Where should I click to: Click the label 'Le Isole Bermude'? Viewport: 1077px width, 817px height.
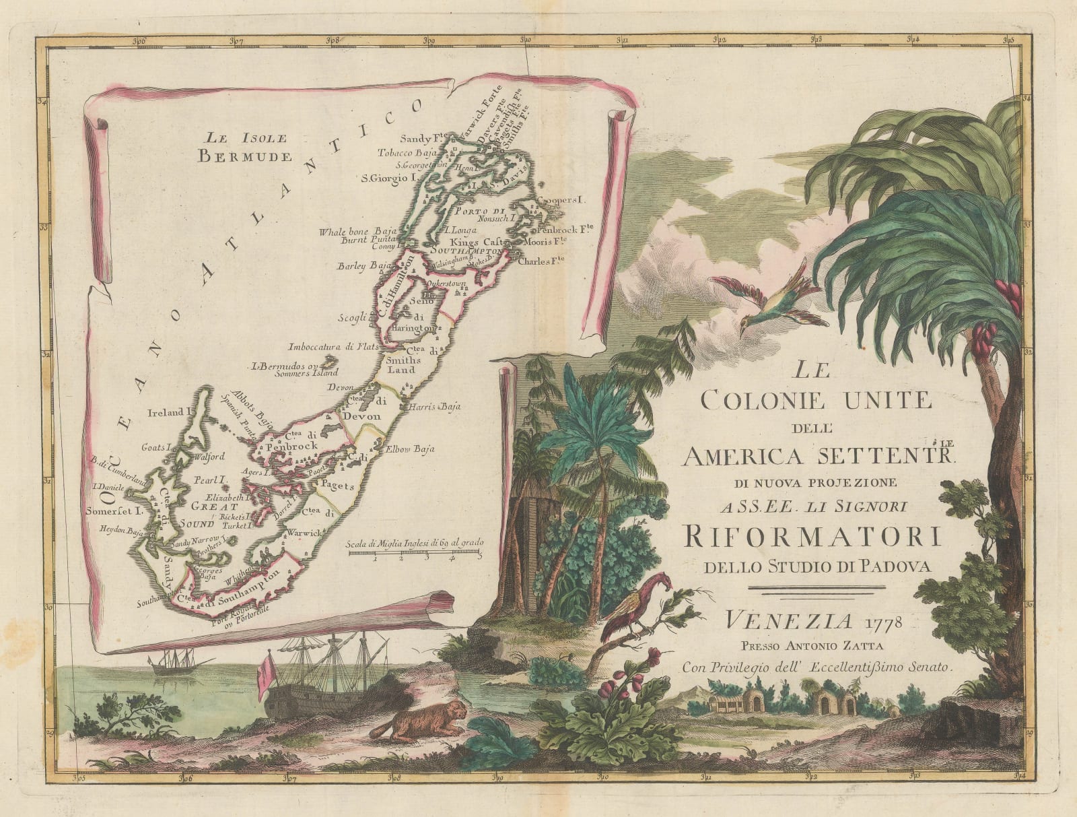[245, 148]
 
